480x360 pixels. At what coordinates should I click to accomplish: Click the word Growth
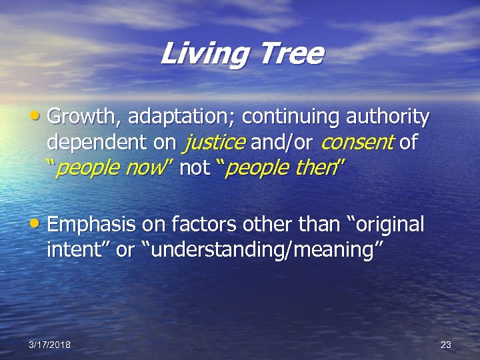(84, 117)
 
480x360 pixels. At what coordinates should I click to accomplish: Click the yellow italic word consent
(358, 143)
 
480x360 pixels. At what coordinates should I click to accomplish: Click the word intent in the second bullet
(71, 251)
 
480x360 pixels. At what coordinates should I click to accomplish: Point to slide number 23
(446, 345)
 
